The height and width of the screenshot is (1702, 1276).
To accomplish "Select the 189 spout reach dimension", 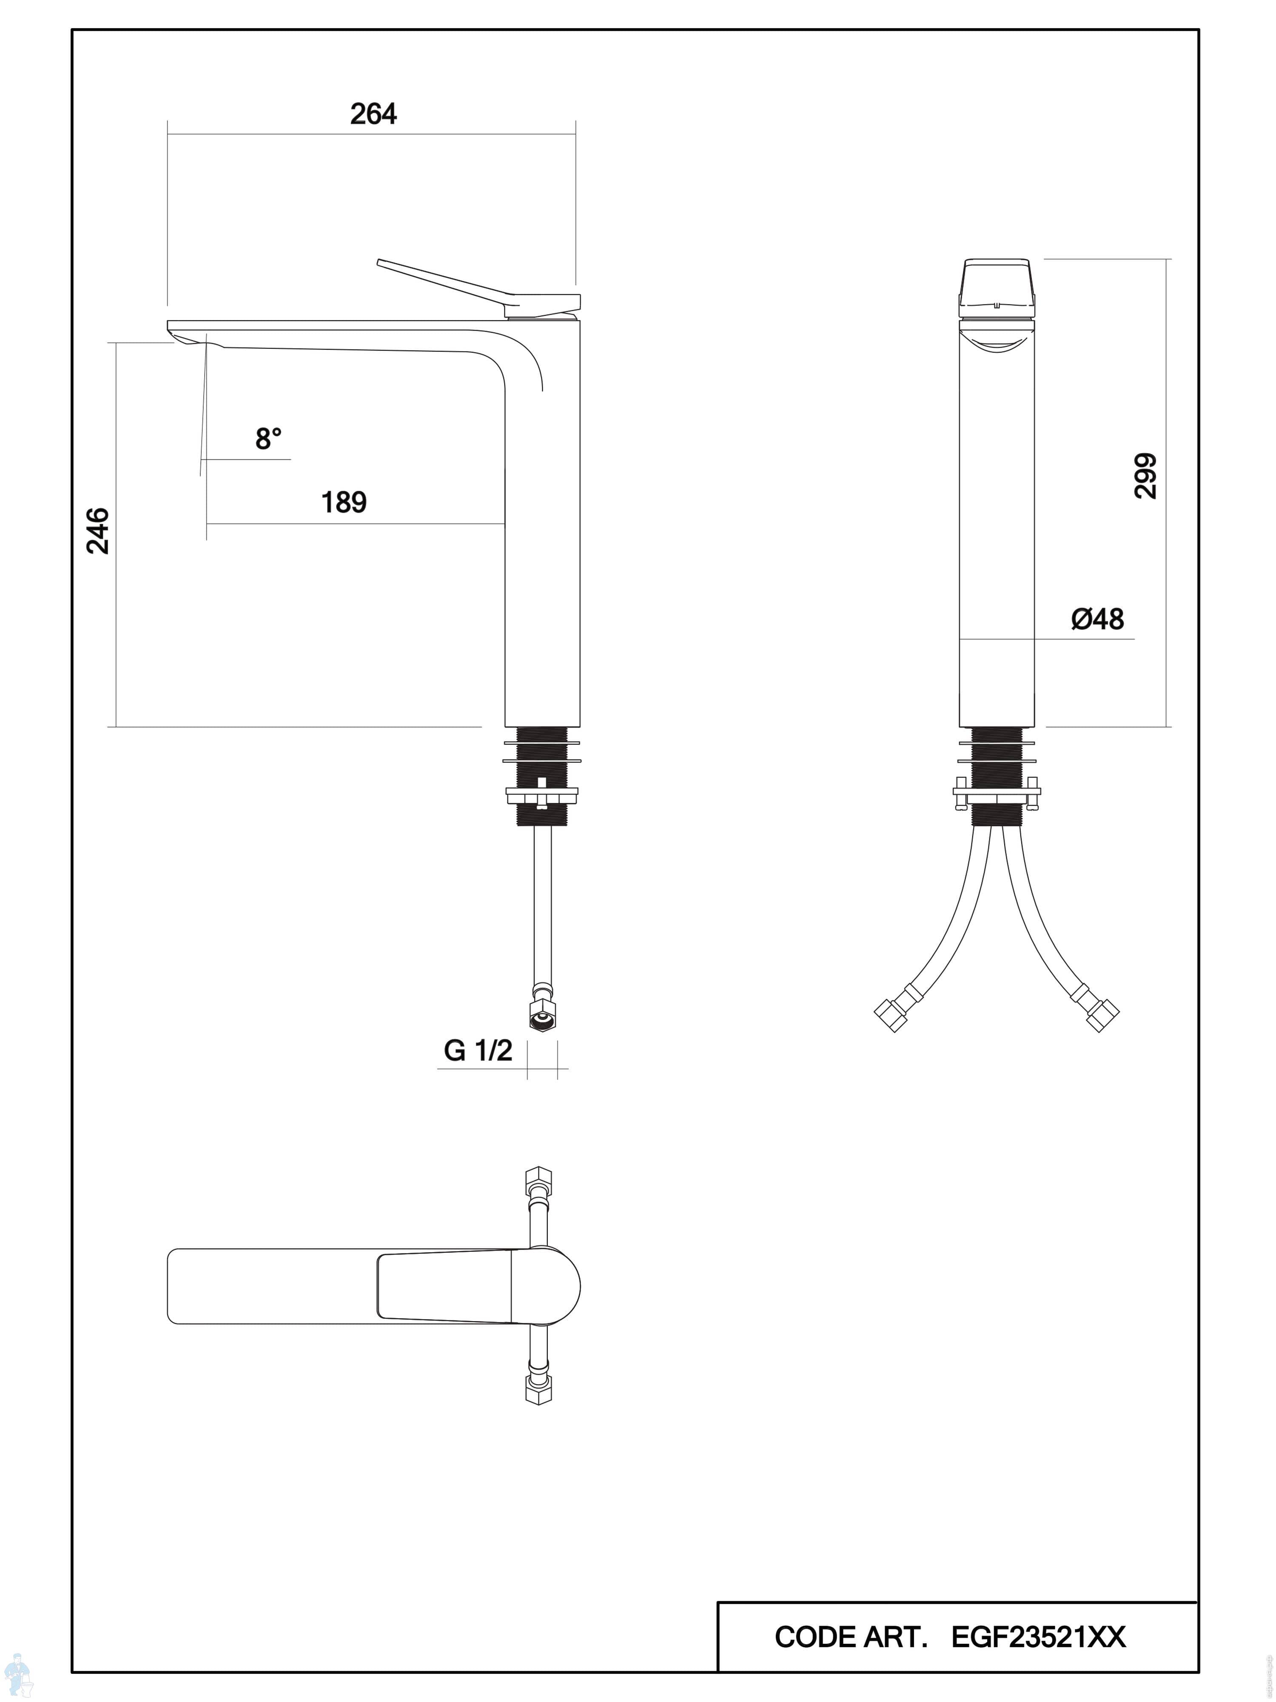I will pos(344,503).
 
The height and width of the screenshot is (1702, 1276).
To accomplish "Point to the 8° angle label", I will pos(268,440).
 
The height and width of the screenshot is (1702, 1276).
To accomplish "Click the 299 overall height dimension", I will pos(1145,476).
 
